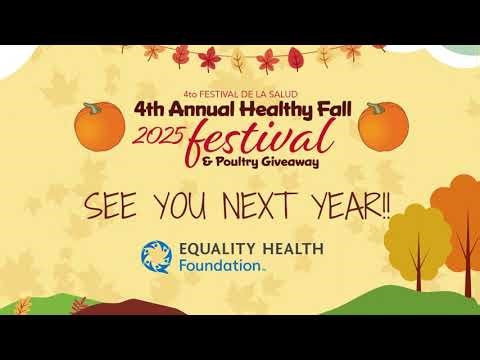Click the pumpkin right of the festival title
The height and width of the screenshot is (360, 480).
[377, 124]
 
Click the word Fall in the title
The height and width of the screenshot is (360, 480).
[324, 108]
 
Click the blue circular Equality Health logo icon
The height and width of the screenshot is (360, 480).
[155, 257]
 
